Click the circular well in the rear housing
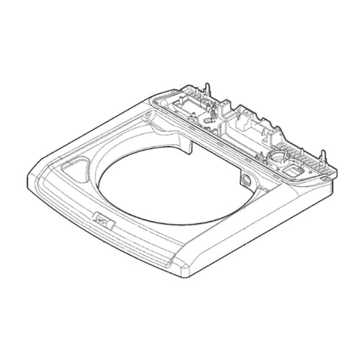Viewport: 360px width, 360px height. [x=278, y=156]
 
